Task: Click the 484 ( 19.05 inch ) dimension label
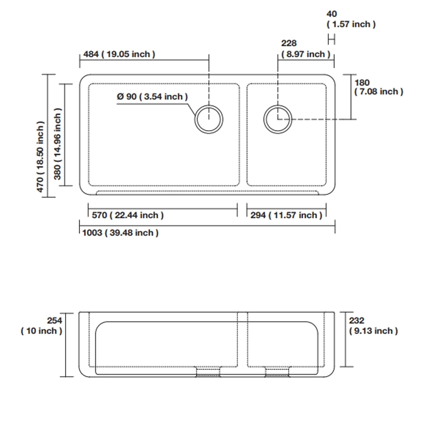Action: click(x=119, y=54)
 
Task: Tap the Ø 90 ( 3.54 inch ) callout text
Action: click(x=152, y=96)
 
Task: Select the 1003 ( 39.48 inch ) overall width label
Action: click(x=120, y=233)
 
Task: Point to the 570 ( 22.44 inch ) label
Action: click(x=128, y=215)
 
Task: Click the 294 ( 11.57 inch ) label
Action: click(x=287, y=215)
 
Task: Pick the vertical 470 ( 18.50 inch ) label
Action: click(x=40, y=157)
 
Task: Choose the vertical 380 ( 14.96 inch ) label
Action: click(x=57, y=144)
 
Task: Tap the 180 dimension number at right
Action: click(x=362, y=83)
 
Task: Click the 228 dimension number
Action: click(x=289, y=43)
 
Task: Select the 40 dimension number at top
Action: click(x=332, y=14)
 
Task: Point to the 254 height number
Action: click(x=55, y=321)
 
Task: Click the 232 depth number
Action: click(x=357, y=321)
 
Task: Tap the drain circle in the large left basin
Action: click(x=209, y=119)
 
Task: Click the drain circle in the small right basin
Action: click(x=278, y=119)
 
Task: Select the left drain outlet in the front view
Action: click(x=208, y=372)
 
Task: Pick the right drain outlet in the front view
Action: click(x=277, y=372)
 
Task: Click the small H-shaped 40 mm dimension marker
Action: click(x=332, y=40)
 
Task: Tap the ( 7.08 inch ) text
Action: click(x=379, y=91)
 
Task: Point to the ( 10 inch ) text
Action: click(x=41, y=331)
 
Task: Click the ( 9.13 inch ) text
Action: click(x=374, y=331)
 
